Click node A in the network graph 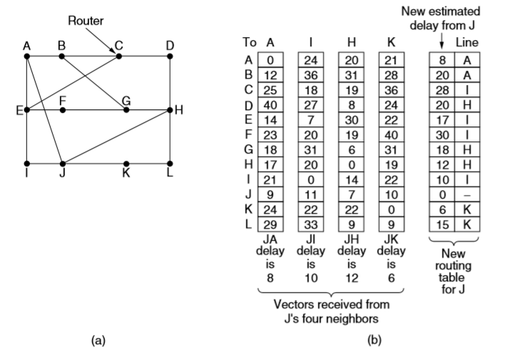pyautogui.click(x=26, y=56)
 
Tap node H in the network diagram pyautogui.click(x=170, y=110)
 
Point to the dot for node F pyautogui.click(x=63, y=110)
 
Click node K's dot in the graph pyautogui.click(x=126, y=164)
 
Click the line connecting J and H pyautogui.click(x=114, y=138)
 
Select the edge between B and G pyautogui.click(x=94, y=82)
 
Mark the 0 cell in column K pyautogui.click(x=391, y=193)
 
